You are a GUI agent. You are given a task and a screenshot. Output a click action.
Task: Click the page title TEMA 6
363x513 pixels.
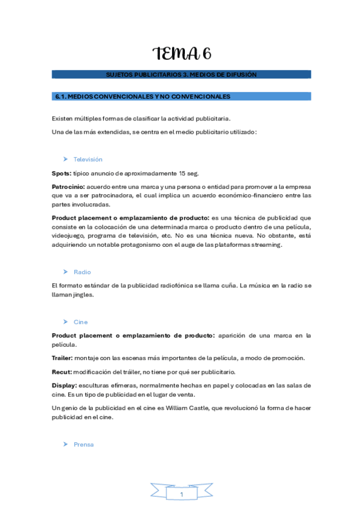tap(182, 54)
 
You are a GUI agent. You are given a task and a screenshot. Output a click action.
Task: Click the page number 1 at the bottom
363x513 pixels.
tap(181, 495)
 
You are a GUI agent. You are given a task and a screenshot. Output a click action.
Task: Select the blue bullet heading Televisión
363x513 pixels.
tap(88, 160)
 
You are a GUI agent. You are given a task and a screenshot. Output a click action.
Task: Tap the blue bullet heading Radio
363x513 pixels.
tap(82, 272)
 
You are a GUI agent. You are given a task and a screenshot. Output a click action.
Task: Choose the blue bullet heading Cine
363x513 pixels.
tap(81, 322)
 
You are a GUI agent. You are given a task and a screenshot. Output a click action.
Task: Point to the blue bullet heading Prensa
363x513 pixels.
tap(84, 445)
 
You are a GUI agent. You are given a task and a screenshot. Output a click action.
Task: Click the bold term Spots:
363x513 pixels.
tap(62, 173)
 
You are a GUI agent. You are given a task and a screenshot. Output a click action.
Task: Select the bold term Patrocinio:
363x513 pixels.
tap(68, 186)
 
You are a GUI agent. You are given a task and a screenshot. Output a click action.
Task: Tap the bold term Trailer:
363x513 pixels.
tap(62, 358)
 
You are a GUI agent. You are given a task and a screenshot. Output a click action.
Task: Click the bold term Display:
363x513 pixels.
tap(64, 385)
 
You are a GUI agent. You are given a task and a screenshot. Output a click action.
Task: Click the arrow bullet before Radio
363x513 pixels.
tap(65, 272)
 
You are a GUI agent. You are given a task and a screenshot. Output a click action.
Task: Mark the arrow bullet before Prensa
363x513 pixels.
tap(65, 445)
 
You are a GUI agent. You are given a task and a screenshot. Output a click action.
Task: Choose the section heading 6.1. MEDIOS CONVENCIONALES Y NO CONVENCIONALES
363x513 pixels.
tap(142, 96)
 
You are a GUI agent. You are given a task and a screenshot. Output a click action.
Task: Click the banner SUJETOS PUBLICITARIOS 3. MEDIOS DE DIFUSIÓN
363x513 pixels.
tap(181, 74)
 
